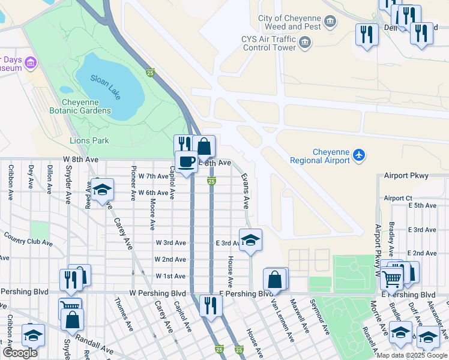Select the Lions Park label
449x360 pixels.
tap(89, 140)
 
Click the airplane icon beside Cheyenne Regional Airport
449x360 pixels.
tap(359, 155)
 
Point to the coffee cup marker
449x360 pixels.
tap(186, 161)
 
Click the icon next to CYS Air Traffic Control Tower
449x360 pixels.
tap(305, 41)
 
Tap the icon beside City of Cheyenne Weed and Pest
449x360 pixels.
tap(330, 23)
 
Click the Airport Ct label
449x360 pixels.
tap(398, 198)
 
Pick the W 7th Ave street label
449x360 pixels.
tap(153, 176)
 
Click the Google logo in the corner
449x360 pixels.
tap(20, 353)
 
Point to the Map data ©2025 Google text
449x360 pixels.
tap(412, 355)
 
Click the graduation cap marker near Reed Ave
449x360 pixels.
tap(101, 190)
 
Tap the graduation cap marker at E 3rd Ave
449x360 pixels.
tap(250, 240)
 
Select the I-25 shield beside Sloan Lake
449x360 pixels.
tap(150, 73)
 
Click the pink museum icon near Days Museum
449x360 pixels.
tap(30, 62)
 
